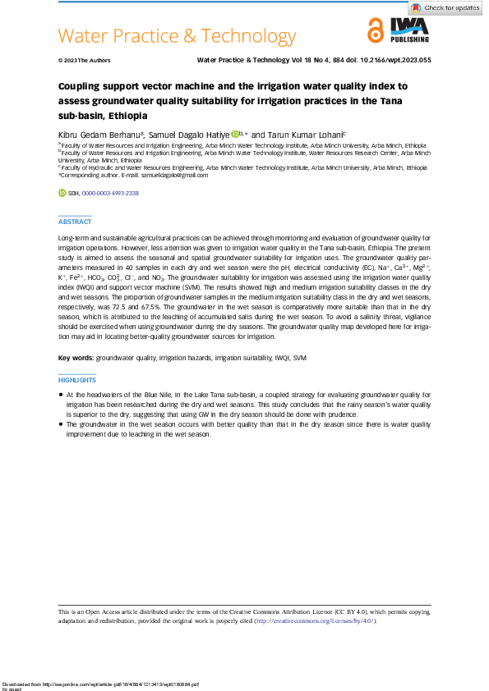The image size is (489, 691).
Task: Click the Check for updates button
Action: pos(446,8)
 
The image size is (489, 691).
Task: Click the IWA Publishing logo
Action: pos(408,32)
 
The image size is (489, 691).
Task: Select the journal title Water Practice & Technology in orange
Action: pos(178,36)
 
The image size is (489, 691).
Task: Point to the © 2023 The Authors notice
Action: pos(85,61)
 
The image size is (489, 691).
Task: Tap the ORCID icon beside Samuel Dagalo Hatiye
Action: pos(235,134)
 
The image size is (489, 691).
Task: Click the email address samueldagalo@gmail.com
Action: pos(173,175)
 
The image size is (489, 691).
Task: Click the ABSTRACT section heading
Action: pos(75,222)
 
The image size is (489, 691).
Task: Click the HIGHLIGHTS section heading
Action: pos(77,381)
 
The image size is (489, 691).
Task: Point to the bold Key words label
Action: pos(76,359)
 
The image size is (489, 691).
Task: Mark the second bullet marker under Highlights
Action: pos(61,424)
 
